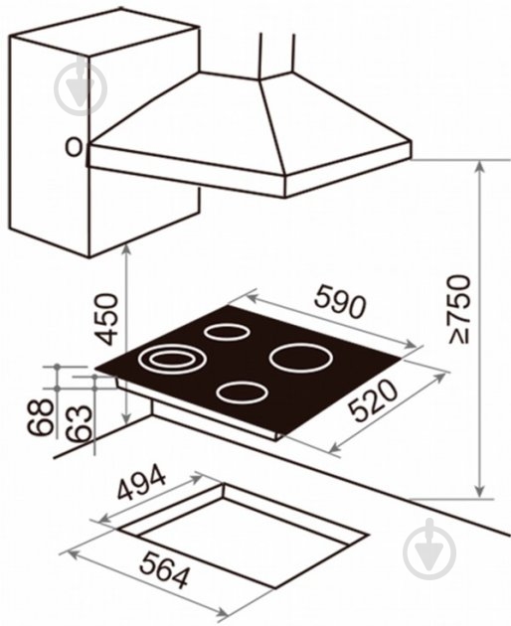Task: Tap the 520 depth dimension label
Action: pos(373,399)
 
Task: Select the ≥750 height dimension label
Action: pos(459,308)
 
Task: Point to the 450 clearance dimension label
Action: pos(106,319)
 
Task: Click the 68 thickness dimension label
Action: pos(40,417)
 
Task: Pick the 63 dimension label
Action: pos(80,423)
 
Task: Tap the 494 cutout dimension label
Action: pos(140,482)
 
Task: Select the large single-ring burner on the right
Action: pos(301,358)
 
